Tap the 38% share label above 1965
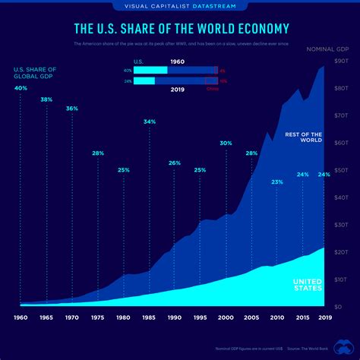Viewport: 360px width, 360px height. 46,99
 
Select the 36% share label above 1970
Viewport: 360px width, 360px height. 72,109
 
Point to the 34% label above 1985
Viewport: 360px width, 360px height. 150,122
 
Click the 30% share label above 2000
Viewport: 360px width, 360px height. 226,143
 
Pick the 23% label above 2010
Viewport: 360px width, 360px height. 277,182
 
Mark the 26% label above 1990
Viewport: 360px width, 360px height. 175,163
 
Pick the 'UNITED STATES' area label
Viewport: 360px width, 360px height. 308,285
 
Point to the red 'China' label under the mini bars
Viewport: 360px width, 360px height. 211,89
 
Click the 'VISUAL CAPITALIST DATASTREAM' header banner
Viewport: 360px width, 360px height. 179,6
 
